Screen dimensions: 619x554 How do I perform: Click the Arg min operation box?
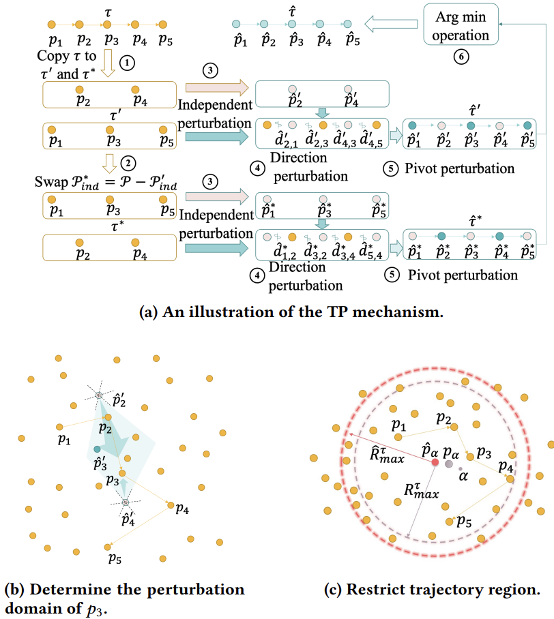pos(461,25)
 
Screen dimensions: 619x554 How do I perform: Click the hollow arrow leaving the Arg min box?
pos(391,25)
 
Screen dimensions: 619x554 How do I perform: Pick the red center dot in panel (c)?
pos(435,462)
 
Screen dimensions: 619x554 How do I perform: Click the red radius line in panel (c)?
pos(389,447)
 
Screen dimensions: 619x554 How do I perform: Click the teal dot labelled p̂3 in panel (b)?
pos(97,449)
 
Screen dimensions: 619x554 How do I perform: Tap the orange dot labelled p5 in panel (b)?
pos(107,546)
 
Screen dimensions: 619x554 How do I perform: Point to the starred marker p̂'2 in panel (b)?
pos(99,396)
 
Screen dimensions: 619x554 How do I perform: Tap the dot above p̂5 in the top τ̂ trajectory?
pos(347,25)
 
